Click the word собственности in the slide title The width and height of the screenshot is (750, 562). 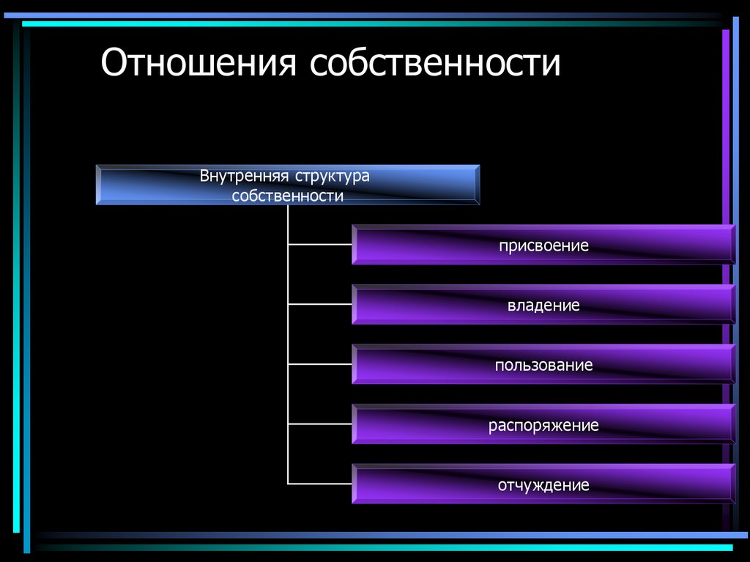(434, 64)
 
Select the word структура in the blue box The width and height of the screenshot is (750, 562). (333, 177)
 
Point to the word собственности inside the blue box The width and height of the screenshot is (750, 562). (288, 196)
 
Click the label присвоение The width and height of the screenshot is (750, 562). (543, 245)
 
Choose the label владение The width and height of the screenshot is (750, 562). (543, 306)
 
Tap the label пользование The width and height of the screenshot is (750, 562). (543, 365)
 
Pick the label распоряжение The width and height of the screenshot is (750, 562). (543, 425)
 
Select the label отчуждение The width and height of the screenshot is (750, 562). (543, 485)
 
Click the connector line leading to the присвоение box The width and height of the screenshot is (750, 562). (320, 244)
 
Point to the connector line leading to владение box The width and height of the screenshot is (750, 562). (320, 304)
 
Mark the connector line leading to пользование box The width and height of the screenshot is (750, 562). (320, 364)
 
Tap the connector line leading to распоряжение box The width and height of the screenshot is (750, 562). (320, 424)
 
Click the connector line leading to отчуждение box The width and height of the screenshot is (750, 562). (320, 484)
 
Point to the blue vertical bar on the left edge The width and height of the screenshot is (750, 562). (27, 293)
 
